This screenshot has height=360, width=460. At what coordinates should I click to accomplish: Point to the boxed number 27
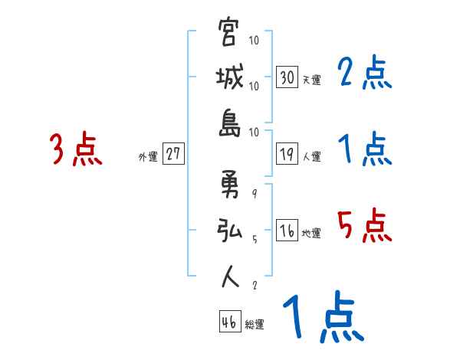pyautogui.click(x=173, y=154)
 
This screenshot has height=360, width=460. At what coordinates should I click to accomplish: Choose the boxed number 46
pyautogui.click(x=228, y=322)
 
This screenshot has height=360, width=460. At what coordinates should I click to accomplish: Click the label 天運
pyautogui.click(x=311, y=80)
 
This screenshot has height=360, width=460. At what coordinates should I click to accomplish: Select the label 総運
pyautogui.click(x=254, y=325)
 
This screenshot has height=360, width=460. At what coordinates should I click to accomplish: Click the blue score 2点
pyautogui.click(x=364, y=74)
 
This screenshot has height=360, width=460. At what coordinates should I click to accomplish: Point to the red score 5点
pyautogui.click(x=364, y=225)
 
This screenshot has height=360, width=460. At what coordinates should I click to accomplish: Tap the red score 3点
pyautogui.click(x=76, y=150)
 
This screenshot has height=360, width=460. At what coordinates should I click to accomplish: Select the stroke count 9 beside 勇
pyautogui.click(x=255, y=194)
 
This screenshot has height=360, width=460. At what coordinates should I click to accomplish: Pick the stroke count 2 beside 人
pyautogui.click(x=255, y=286)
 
